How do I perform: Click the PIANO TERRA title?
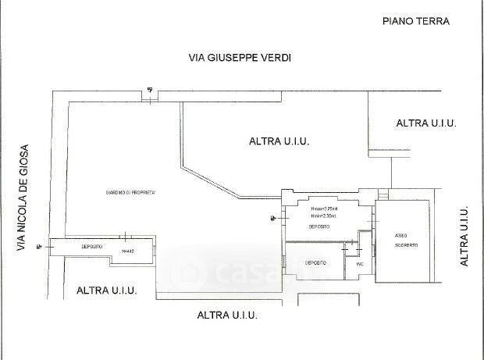[x=416, y=22]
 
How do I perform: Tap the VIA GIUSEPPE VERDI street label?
[x=233, y=58]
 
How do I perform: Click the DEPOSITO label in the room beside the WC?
[x=315, y=263]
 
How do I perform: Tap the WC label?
[x=360, y=264]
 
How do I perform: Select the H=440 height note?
[x=127, y=251]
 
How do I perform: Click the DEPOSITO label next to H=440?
[x=93, y=246]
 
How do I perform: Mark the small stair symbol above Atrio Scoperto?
[x=383, y=192]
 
